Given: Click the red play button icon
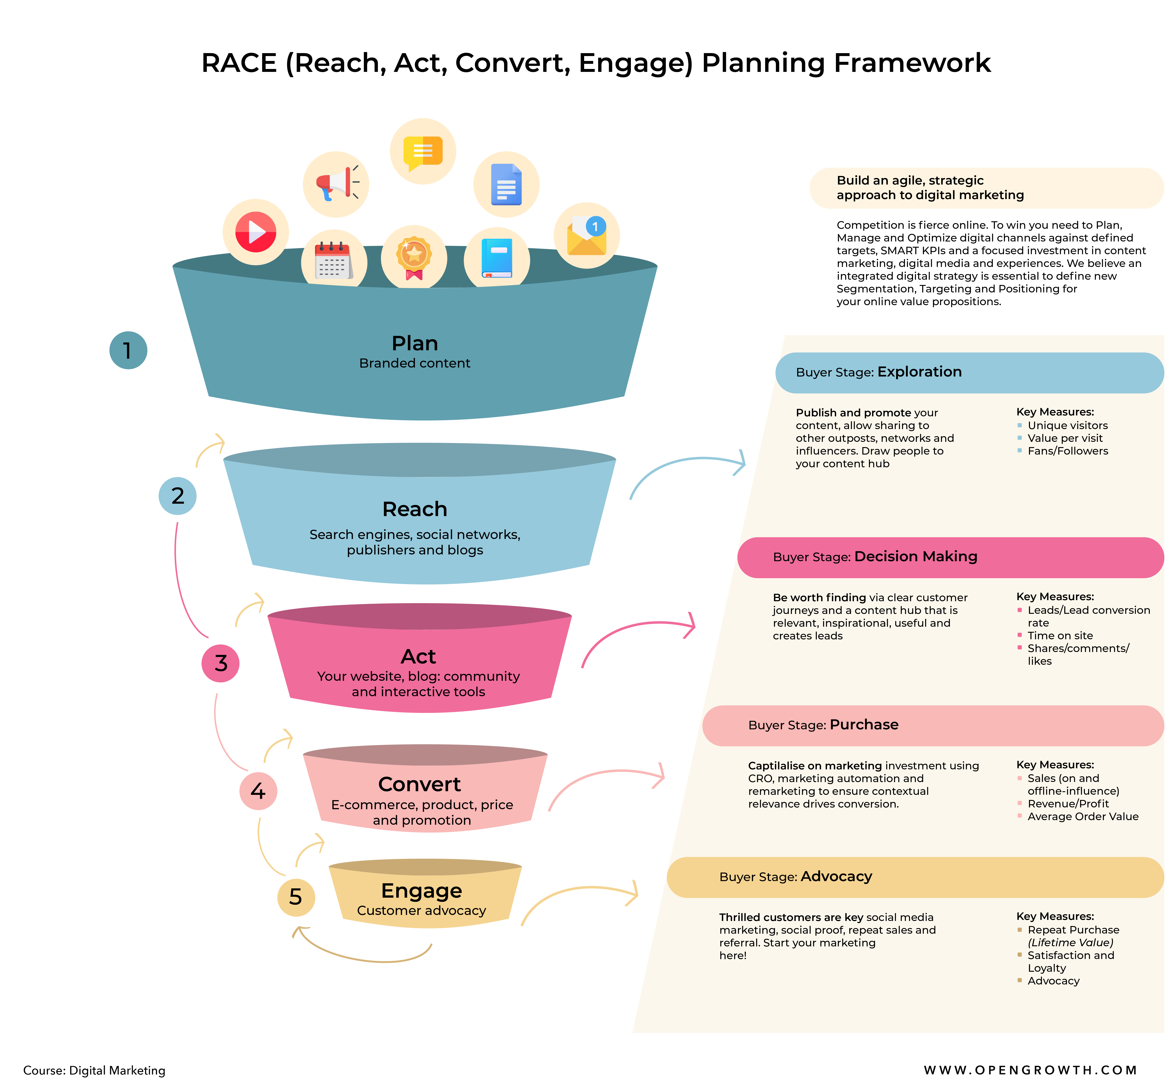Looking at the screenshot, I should coord(255,232).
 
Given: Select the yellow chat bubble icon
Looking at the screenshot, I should coord(423,151).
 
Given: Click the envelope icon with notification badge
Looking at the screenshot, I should coord(587,235).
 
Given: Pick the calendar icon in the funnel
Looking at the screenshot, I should coord(333,261).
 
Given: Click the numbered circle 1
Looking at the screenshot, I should coord(128,350).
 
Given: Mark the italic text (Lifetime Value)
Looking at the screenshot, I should coord(1070,943).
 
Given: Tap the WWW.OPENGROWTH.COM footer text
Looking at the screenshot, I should coord(1030,1070).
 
